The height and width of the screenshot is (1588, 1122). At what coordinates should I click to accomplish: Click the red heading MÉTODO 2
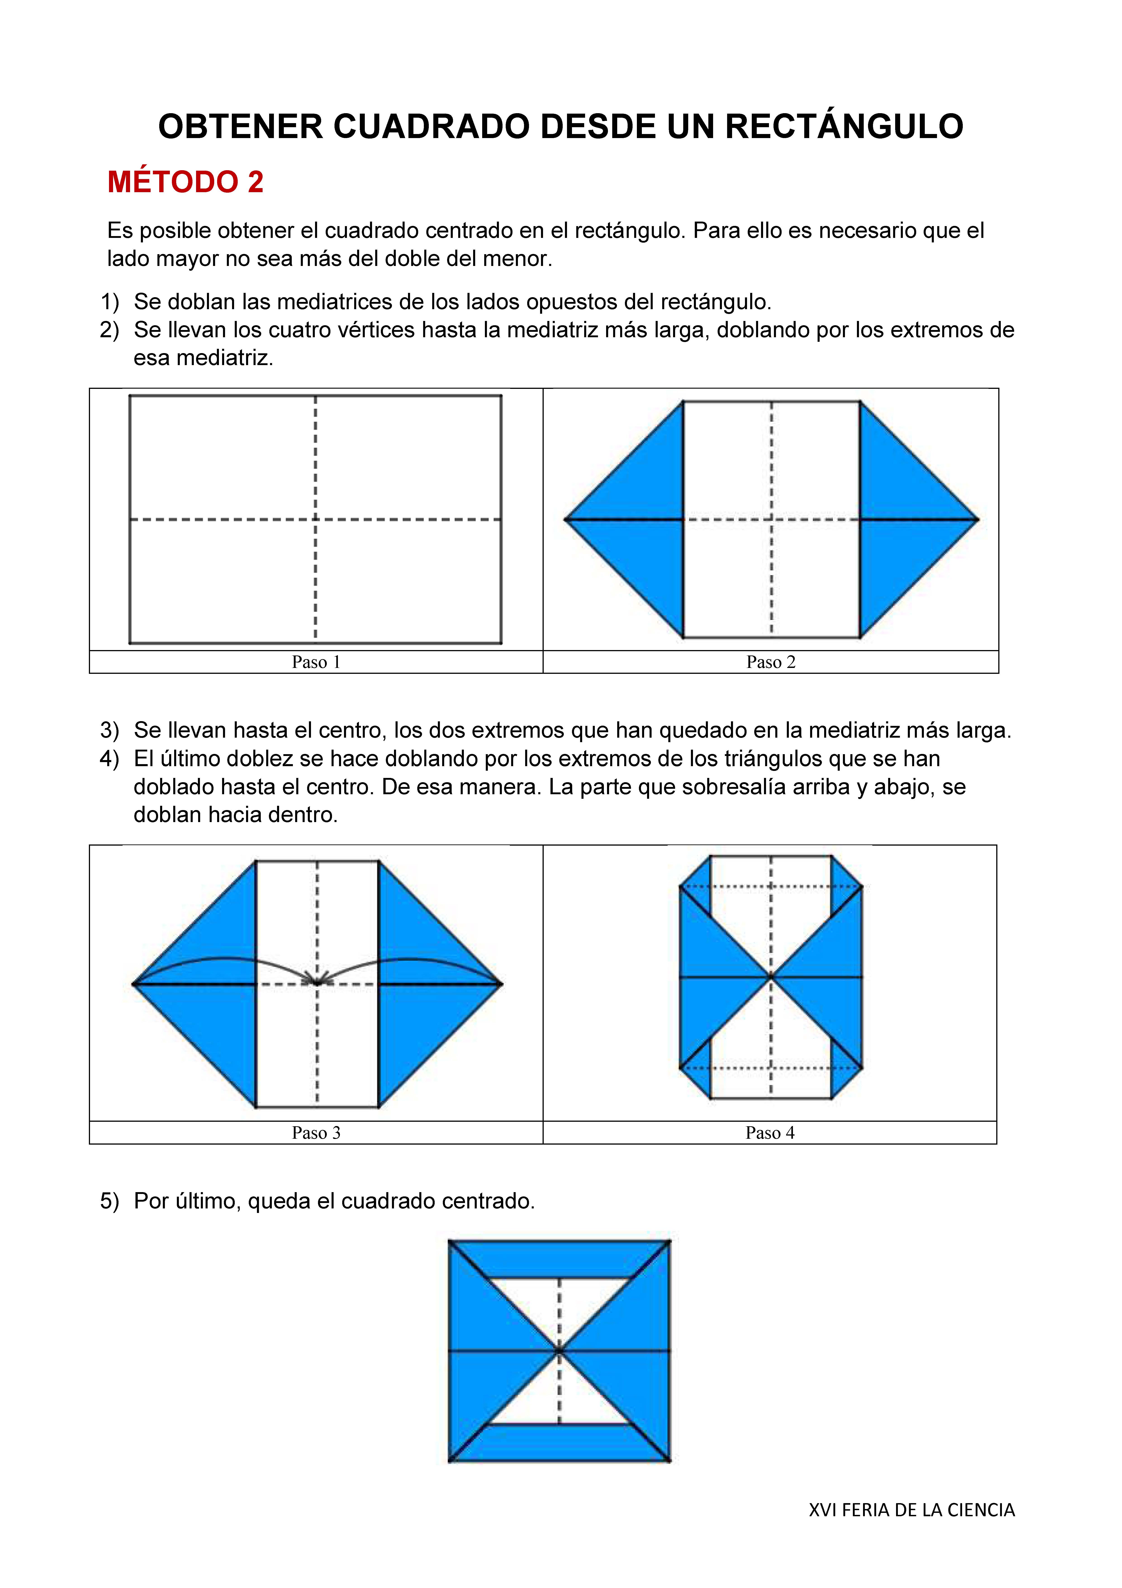coord(185,182)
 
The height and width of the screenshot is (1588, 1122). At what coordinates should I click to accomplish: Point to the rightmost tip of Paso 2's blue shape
coord(977,519)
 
